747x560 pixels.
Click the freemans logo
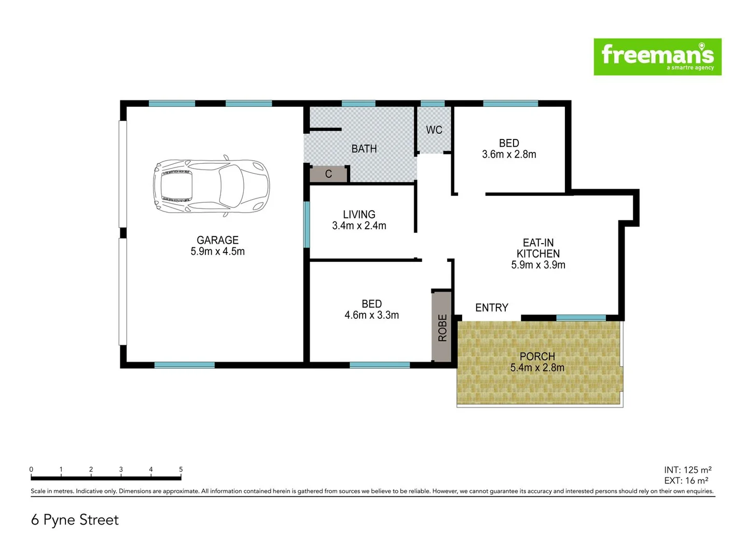click(x=657, y=57)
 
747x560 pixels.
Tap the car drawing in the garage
click(x=211, y=186)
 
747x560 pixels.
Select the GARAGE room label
click(x=217, y=240)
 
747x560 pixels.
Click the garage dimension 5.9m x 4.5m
click(x=217, y=251)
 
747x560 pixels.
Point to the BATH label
click(x=364, y=149)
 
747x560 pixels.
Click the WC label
click(x=434, y=130)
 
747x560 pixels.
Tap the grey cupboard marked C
click(x=328, y=174)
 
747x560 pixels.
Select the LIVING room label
click(x=359, y=214)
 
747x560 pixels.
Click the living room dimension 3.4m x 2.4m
click(x=359, y=226)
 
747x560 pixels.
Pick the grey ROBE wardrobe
click(x=442, y=327)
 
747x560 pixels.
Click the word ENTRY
click(x=491, y=308)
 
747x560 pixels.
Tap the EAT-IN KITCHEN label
click(x=538, y=248)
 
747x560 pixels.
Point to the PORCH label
click(x=537, y=357)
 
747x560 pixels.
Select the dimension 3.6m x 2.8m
click(x=509, y=155)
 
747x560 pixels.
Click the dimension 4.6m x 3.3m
click(x=371, y=315)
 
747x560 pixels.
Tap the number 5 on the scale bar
click(x=181, y=469)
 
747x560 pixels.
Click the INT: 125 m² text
click(x=687, y=470)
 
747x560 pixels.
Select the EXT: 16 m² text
click(x=686, y=481)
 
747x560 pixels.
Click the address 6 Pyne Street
click(x=75, y=520)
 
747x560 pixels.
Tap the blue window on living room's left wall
click(x=307, y=225)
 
